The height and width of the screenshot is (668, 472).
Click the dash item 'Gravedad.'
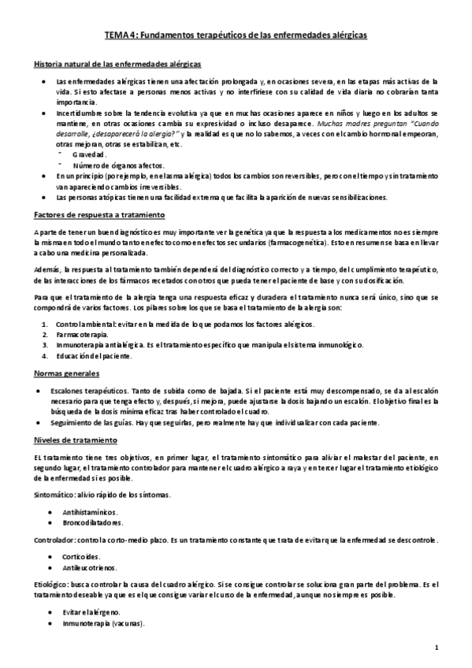[x=89, y=155]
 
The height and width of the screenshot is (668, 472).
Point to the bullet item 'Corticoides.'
[x=82, y=556]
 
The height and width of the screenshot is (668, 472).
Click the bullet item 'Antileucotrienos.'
[x=89, y=567]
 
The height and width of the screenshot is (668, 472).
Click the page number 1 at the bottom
[x=445, y=648]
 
